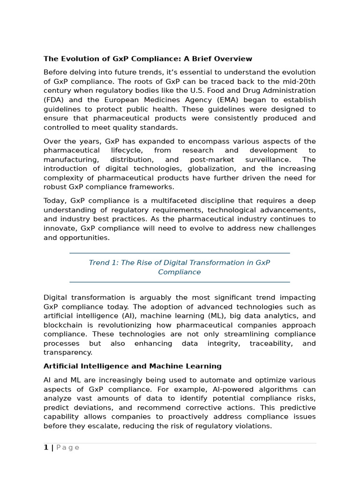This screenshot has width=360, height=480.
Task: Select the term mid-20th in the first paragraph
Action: [x=300, y=82]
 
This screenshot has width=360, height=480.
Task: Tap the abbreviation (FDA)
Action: [x=56, y=100]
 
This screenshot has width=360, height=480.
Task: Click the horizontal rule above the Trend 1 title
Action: [x=180, y=253]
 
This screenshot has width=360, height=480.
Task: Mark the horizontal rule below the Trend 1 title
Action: [x=180, y=282]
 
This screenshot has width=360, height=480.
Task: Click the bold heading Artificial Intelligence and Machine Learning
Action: [x=132, y=366]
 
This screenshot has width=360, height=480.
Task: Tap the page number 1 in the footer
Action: [x=46, y=448]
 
